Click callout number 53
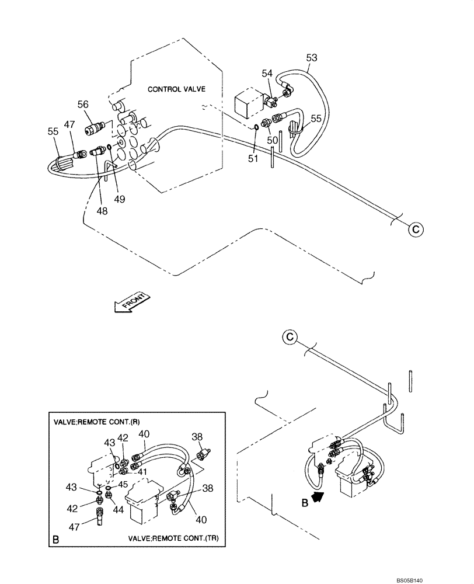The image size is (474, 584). [312, 57]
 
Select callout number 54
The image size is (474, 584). [267, 73]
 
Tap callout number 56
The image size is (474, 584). [83, 104]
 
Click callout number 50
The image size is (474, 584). [272, 141]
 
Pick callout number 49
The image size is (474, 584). [119, 199]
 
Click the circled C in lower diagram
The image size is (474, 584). [290, 336]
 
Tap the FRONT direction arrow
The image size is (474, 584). [133, 303]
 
